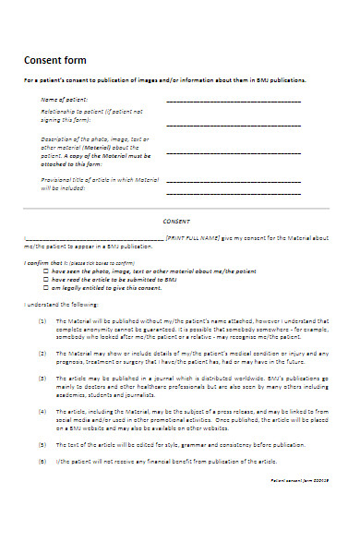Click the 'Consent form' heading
click(x=54, y=60)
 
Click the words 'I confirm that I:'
click(x=42, y=263)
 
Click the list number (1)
click(x=42, y=321)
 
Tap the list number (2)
click(x=42, y=353)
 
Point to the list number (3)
click(x=42, y=379)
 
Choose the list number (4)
click(x=42, y=410)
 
